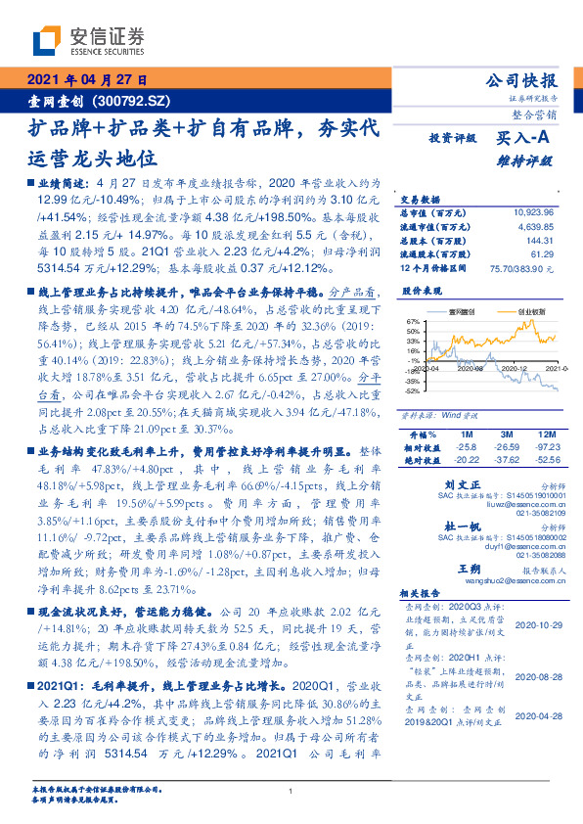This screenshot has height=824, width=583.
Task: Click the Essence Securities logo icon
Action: pos(47,42)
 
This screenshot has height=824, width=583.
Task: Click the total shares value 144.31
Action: pos(540,238)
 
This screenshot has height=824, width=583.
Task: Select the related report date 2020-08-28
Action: pos(536,676)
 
